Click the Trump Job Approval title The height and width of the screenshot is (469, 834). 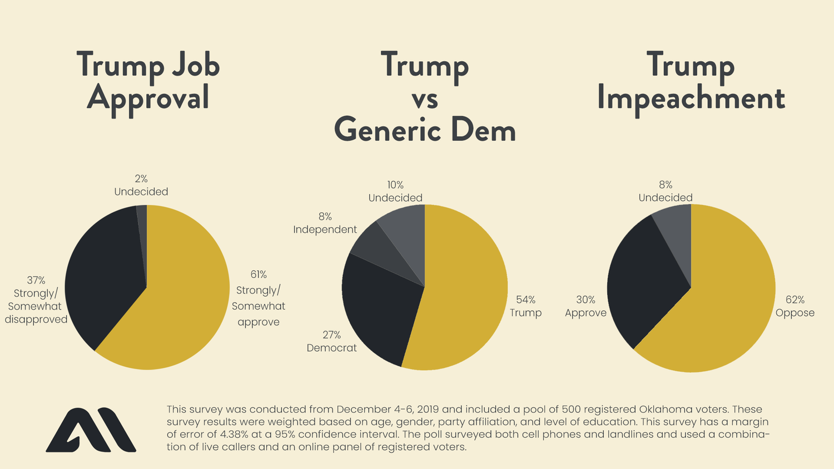[148, 81]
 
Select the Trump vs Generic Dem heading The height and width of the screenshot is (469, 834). [425, 97]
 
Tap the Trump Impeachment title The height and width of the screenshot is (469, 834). [691, 81]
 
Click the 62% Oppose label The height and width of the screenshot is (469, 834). [795, 306]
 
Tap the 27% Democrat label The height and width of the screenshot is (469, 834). [331, 341]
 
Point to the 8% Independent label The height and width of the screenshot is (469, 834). [325, 223]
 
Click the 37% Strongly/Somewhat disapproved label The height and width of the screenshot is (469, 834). [36, 300]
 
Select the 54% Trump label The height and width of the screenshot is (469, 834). [525, 306]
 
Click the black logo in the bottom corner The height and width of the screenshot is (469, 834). [91, 430]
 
